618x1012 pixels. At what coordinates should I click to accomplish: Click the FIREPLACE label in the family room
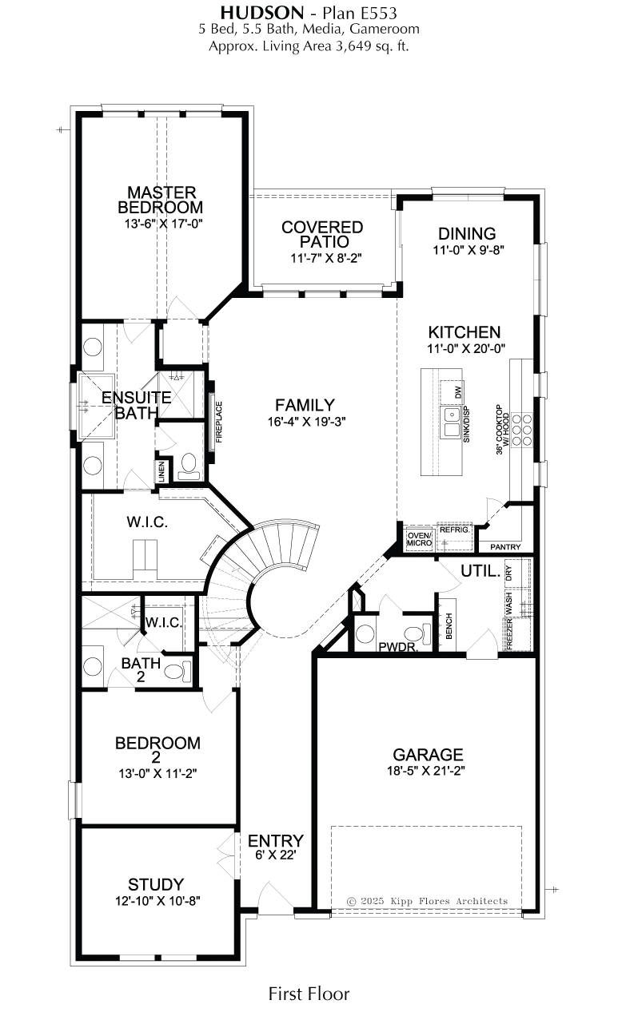tap(219, 422)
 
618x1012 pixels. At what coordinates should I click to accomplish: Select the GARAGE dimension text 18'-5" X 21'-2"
tap(427, 770)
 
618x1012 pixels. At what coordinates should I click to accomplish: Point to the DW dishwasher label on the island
tap(459, 391)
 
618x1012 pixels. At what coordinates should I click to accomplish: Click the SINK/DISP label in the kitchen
tap(467, 424)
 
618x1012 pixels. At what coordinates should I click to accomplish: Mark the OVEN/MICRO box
tap(419, 539)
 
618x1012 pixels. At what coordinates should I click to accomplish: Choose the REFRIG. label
tap(454, 530)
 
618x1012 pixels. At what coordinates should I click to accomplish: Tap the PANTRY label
tap(505, 546)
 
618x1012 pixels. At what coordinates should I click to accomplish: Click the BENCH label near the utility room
tap(449, 625)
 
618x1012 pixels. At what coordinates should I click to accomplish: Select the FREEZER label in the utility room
tap(509, 634)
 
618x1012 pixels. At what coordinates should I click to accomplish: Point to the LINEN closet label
tap(161, 471)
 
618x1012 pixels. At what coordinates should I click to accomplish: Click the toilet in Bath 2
tap(178, 671)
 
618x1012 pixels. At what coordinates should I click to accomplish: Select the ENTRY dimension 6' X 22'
tap(275, 855)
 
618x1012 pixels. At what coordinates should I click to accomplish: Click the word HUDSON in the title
tap(262, 13)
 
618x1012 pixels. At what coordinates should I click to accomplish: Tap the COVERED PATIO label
tap(322, 234)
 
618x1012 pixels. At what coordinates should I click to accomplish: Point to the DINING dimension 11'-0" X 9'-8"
tap(468, 250)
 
